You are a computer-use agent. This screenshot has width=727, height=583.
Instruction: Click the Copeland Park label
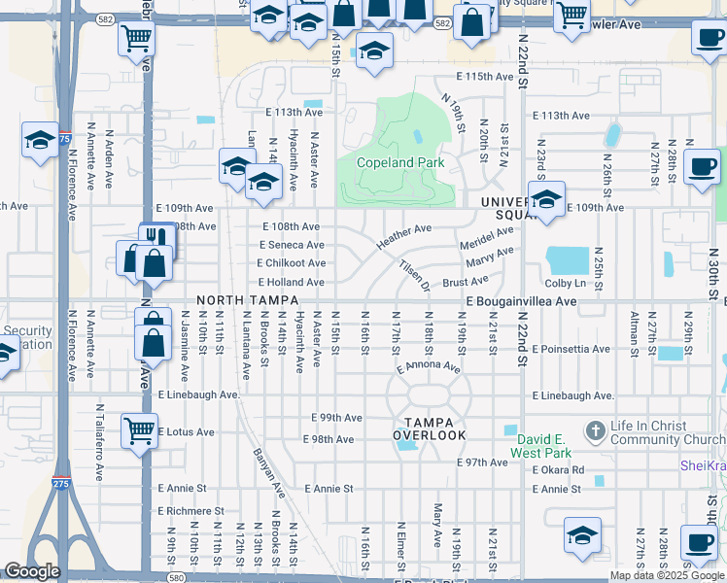coord(399,162)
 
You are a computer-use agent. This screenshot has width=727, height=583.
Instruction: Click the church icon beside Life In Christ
coord(594,429)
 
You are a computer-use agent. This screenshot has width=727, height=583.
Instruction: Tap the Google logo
coord(32,571)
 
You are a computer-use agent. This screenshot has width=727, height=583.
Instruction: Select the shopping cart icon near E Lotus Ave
coord(139,429)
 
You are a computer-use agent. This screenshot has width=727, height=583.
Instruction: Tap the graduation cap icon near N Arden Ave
coord(40,142)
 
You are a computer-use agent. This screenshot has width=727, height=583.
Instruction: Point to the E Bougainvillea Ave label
coord(521,302)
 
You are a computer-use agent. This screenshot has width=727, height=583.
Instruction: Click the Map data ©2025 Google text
coord(666,575)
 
